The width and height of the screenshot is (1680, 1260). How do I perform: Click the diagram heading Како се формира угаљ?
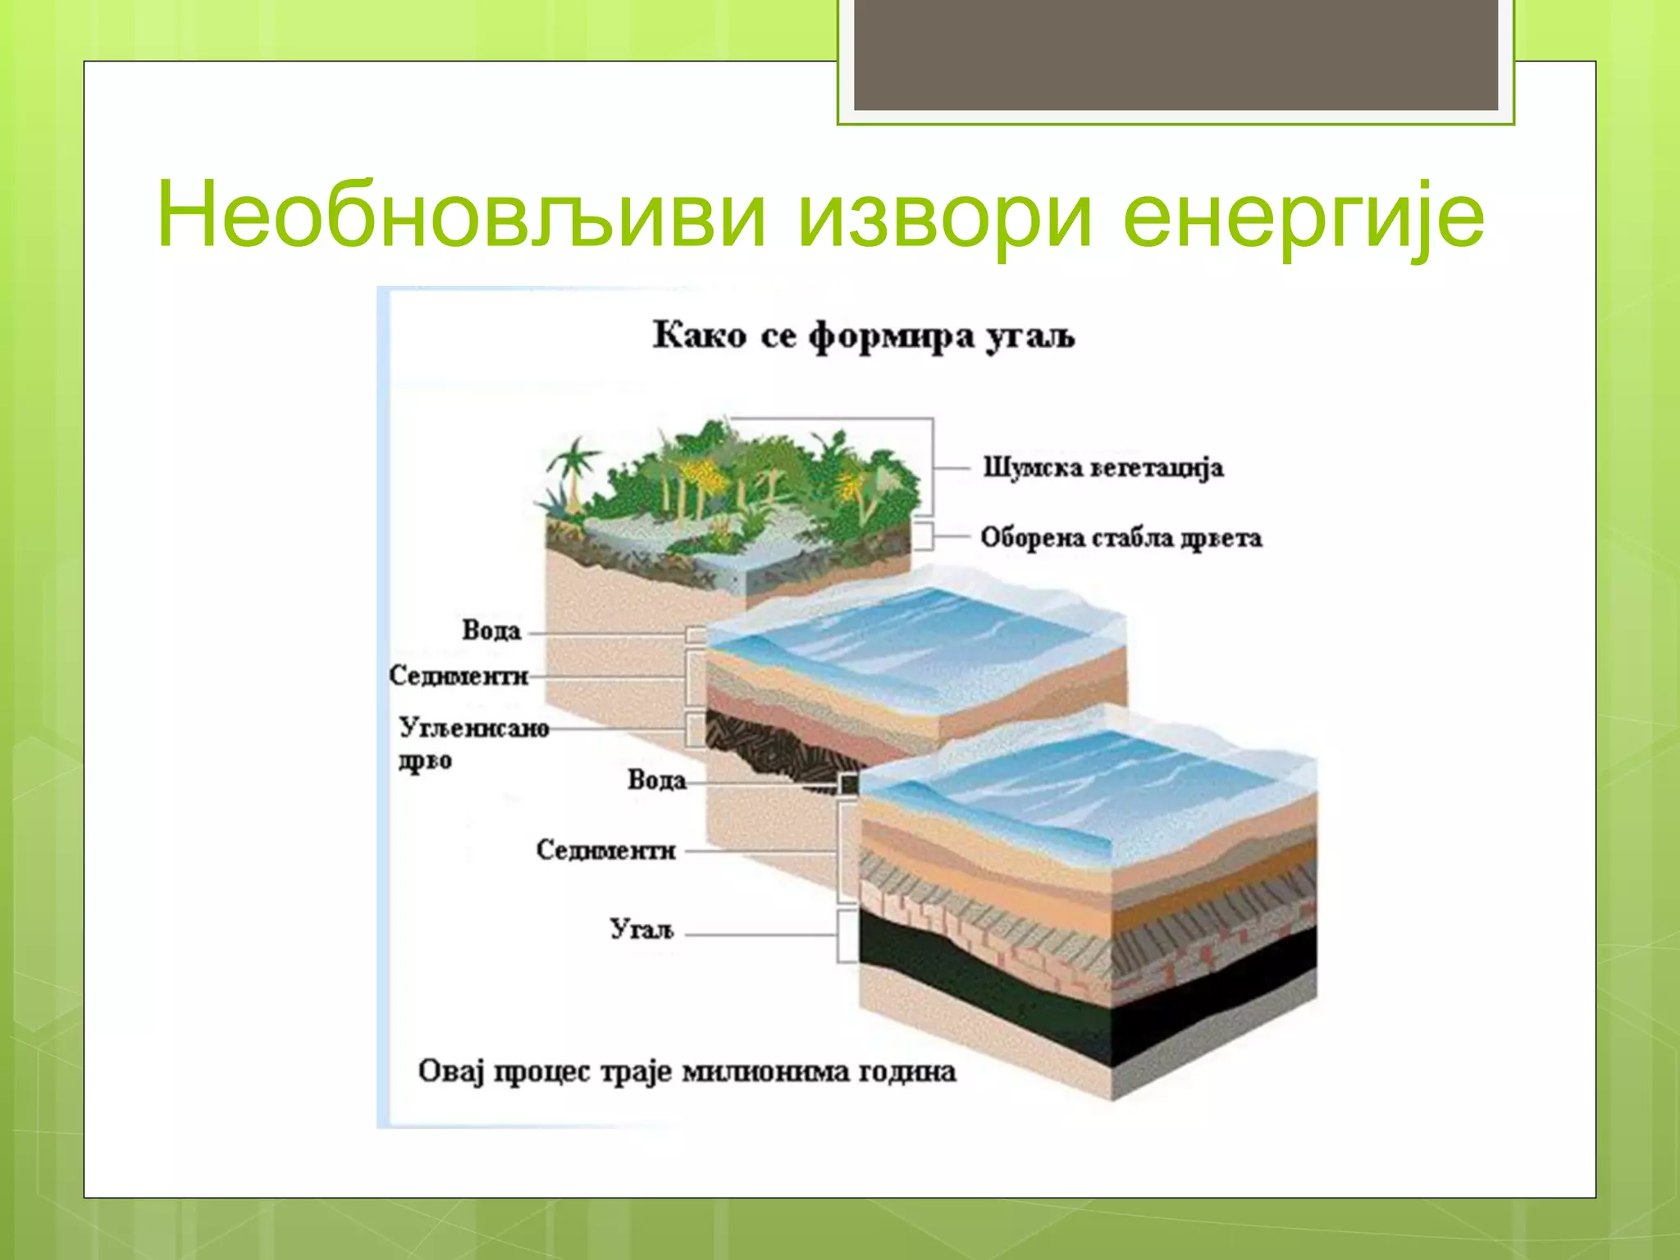[863, 336]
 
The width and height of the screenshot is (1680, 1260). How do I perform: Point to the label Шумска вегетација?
[1102, 468]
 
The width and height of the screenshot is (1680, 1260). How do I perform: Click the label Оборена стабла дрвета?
[1121, 538]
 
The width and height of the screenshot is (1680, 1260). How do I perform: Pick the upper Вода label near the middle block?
[491, 631]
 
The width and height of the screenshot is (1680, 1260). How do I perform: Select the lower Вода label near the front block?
[656, 780]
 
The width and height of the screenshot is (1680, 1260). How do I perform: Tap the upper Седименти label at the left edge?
[458, 676]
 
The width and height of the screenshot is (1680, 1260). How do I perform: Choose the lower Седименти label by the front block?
[605, 851]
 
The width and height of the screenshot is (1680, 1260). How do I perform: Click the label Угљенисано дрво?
[472, 743]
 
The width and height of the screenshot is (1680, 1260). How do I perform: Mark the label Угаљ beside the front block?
[641, 929]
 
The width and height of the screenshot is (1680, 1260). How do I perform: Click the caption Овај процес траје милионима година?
[687, 1072]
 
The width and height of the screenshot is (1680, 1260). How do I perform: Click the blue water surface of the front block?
[1091, 779]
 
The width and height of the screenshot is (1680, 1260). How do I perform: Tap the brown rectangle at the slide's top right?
[1176, 53]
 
